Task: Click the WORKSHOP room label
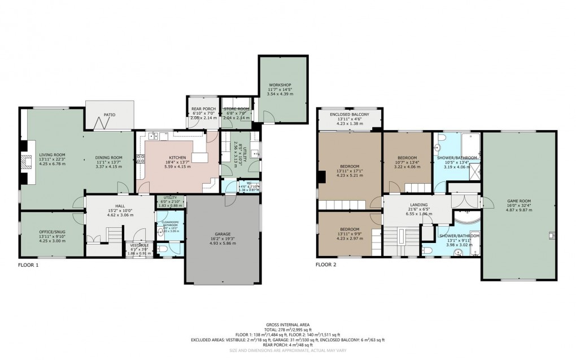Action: (280, 85)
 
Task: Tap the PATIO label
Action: (109, 115)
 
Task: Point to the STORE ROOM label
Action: (235, 109)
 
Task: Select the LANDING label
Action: (418, 205)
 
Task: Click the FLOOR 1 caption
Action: (28, 264)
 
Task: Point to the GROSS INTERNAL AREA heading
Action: (287, 325)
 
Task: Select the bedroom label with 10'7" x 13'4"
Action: (407, 158)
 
